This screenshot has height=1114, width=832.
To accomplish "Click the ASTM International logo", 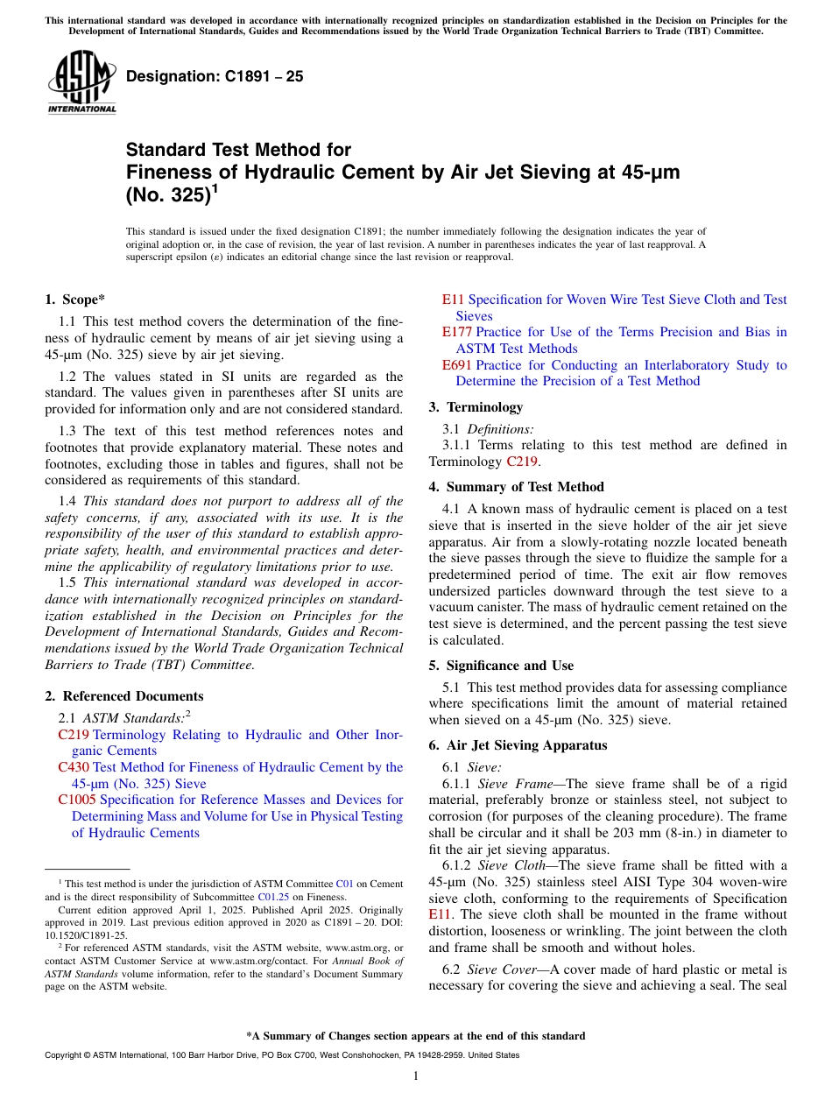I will click(x=81, y=82).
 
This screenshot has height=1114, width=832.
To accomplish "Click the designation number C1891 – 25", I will click(x=215, y=76).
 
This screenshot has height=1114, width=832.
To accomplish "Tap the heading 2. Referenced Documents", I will click(x=123, y=696).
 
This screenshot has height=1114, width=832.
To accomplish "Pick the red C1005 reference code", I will click(x=77, y=800).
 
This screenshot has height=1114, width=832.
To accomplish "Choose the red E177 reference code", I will click(x=456, y=332).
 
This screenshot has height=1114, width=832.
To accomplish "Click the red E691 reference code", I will click(x=456, y=364).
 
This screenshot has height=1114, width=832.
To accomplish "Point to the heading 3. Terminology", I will click(x=476, y=407).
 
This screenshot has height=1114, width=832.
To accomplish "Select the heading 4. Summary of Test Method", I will click(x=516, y=487).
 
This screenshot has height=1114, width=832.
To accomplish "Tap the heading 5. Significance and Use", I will click(x=501, y=666).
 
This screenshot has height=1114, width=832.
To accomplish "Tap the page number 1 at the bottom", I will click(x=416, y=1076).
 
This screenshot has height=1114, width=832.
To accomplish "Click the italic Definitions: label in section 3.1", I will click(x=500, y=428).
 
